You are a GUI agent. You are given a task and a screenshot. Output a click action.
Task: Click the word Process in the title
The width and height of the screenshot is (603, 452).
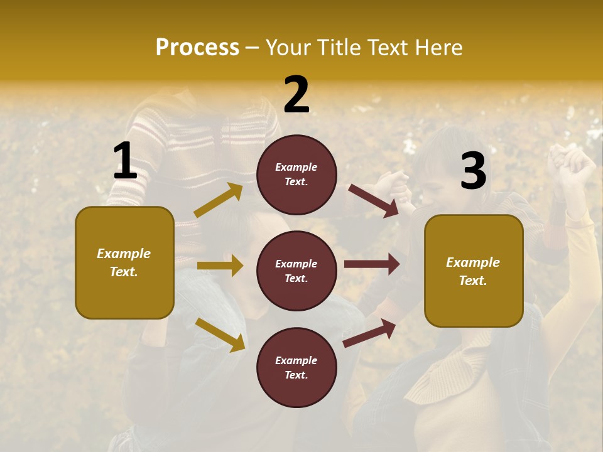pos(197,47)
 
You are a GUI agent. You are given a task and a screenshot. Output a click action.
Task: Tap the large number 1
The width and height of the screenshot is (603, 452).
pos(125,161)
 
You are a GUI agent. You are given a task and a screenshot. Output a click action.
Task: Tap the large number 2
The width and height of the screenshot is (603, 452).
pos(296,95)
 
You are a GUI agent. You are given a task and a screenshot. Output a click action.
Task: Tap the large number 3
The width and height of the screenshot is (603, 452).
pos(473,171)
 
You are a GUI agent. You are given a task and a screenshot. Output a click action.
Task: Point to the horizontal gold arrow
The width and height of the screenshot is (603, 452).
pos(220,266)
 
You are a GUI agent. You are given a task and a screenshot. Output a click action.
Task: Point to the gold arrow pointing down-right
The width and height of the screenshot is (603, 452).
pos(220,335)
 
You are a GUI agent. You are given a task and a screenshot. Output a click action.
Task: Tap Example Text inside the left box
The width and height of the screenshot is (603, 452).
pos(124,262)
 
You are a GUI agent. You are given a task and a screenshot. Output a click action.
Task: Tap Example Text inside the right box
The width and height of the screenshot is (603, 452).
pos(473,271)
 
